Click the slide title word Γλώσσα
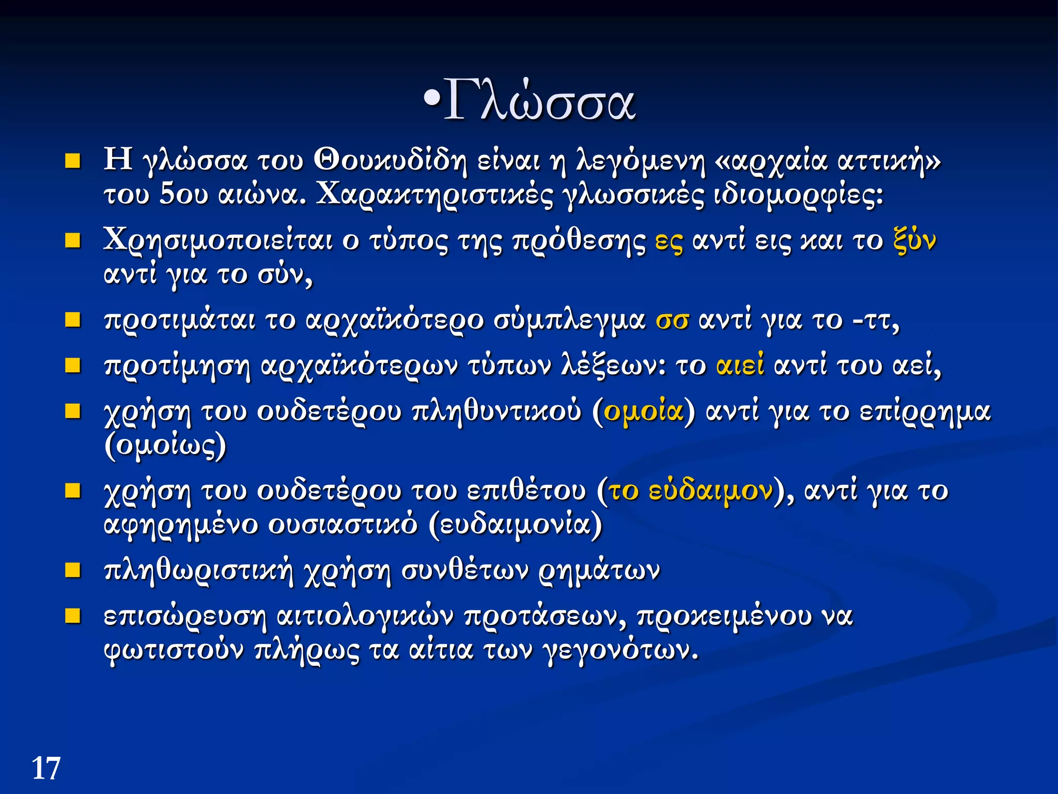(539, 101)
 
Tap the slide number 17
(46, 768)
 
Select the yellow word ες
(668, 241)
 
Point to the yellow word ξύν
(914, 241)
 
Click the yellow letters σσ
(672, 320)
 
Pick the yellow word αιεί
(740, 365)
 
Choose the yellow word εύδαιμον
(711, 490)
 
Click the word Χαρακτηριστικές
(434, 194)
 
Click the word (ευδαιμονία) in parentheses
(516, 525)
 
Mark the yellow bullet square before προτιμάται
(73, 320)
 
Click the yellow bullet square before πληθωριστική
(73, 570)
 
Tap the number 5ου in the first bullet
(183, 194)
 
